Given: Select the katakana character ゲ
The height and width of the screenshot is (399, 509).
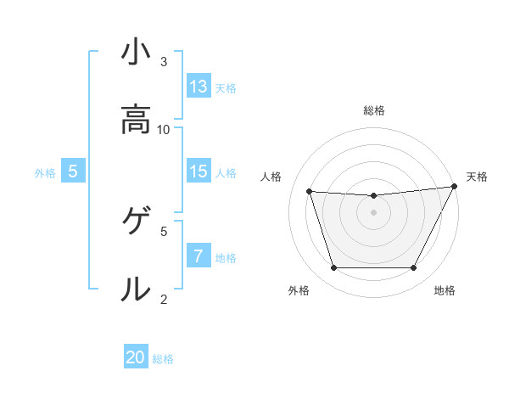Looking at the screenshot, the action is [135, 222].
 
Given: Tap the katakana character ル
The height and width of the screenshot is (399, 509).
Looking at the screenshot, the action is [135, 289].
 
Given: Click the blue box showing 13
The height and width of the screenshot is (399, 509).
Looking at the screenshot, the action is [199, 86].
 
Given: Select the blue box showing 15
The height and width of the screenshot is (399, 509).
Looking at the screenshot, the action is [199, 171].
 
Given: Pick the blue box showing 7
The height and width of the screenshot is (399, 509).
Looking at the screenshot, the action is [199, 256].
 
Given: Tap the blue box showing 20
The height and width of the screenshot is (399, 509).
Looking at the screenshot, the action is [136, 358].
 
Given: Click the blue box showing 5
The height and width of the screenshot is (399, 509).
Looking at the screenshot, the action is [73, 171].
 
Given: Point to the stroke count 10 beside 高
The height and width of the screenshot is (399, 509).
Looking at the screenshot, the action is [164, 129].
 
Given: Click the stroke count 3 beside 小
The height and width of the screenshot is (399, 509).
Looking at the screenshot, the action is [164, 62].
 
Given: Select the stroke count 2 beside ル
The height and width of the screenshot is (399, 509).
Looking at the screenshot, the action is [164, 298].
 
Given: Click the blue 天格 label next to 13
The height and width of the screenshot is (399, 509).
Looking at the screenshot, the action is [225, 87].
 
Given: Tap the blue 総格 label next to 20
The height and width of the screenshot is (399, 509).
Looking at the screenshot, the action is [163, 359].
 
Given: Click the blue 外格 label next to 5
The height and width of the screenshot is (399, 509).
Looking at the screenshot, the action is [45, 172].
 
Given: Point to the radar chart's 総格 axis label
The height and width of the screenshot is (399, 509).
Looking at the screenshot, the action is [374, 110].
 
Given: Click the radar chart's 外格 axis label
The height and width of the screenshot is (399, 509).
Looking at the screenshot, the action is [299, 290].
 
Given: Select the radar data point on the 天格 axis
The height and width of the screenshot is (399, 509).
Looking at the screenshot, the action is [455, 187].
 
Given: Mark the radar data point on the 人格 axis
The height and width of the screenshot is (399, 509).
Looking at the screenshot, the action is [310, 192].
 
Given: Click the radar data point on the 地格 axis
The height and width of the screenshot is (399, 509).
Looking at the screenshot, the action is [413, 268].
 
